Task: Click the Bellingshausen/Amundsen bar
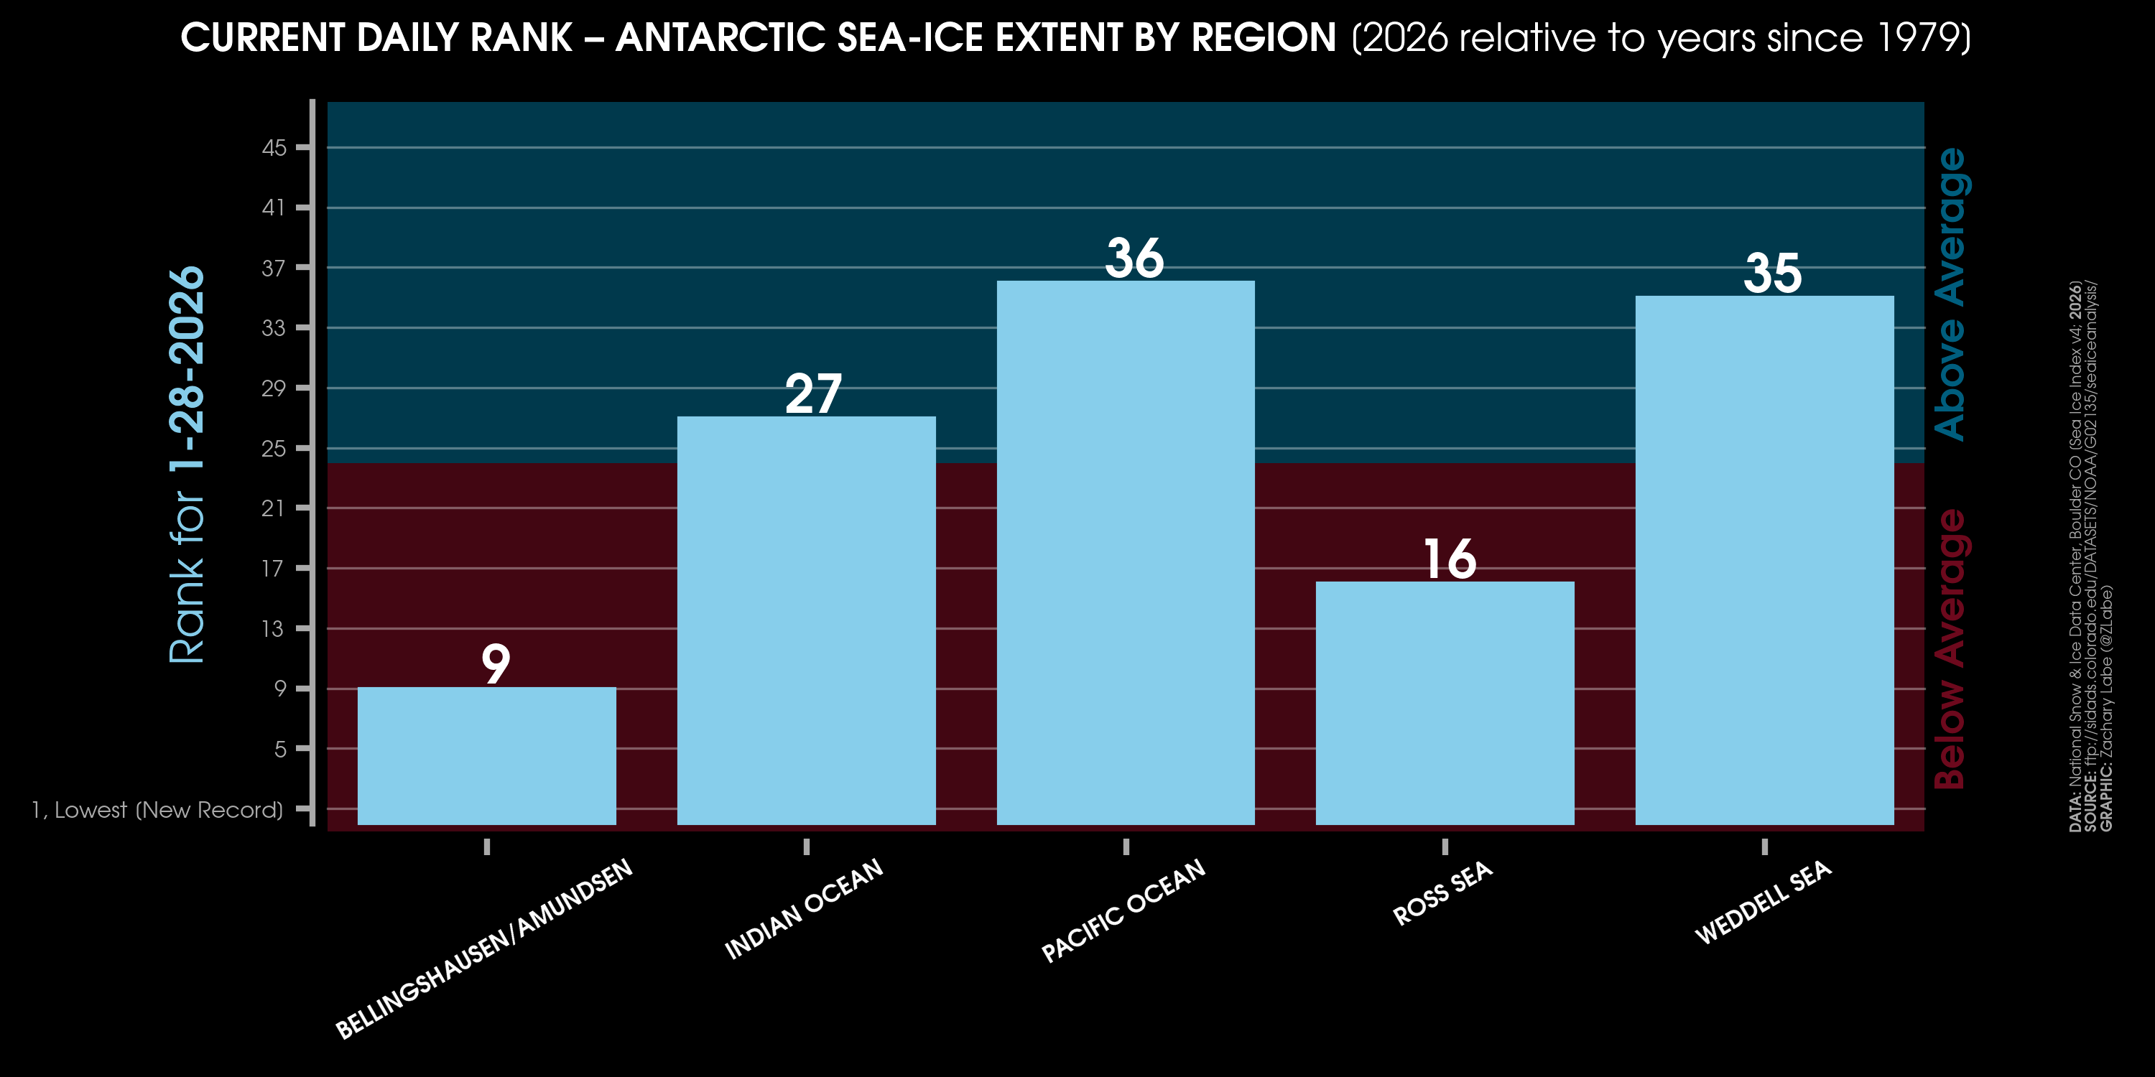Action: pos(486,756)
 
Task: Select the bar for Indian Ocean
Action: pos(806,620)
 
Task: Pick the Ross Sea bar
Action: pos(1445,703)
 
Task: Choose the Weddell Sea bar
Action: pos(1764,560)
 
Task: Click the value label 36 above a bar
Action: pos(1134,258)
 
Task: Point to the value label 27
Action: pos(813,394)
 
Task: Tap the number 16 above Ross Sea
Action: pos(1449,559)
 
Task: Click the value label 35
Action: pos(1772,274)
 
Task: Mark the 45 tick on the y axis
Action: pos(274,148)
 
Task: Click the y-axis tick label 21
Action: pos(273,508)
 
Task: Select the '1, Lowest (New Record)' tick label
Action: pos(157,809)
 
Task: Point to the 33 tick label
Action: pos(273,328)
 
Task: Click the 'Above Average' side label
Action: pos(1951,294)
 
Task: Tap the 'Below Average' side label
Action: pos(1951,649)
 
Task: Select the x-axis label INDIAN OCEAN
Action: pos(804,909)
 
